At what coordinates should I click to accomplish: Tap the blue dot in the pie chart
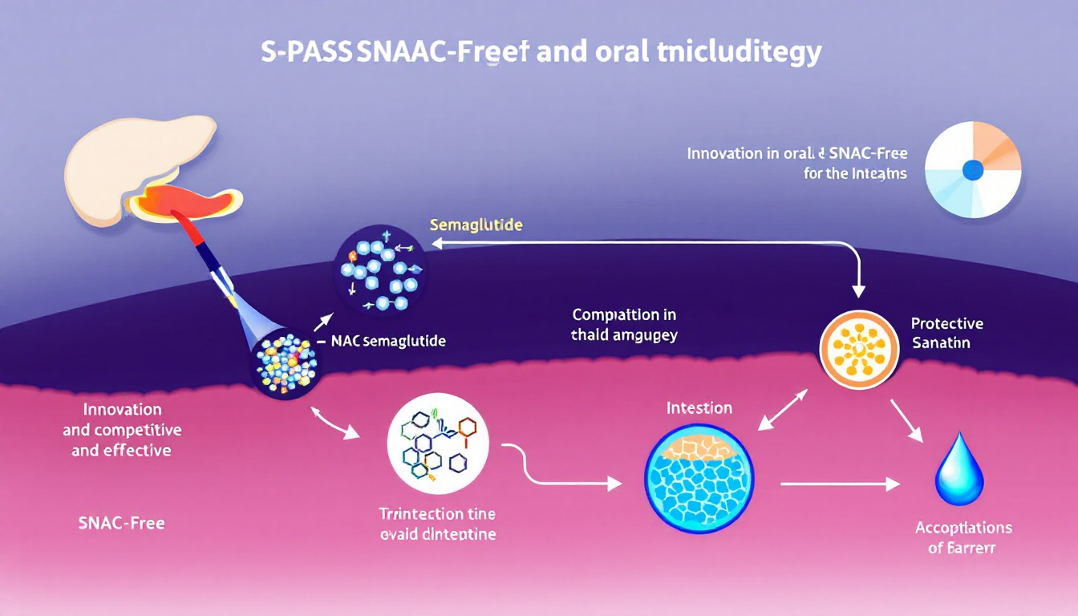pos(972,169)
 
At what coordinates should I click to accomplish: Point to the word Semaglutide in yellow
pos(476,225)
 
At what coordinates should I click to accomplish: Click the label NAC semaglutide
pos(387,340)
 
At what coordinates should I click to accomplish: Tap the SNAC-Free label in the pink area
pos(122,523)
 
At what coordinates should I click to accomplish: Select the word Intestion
pos(699,408)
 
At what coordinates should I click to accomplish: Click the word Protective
pos(946,324)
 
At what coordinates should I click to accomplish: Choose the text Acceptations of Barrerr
pos(963,538)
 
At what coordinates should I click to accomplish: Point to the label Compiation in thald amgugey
pos(624,325)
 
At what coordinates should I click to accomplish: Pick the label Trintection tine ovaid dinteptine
pos(437,524)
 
